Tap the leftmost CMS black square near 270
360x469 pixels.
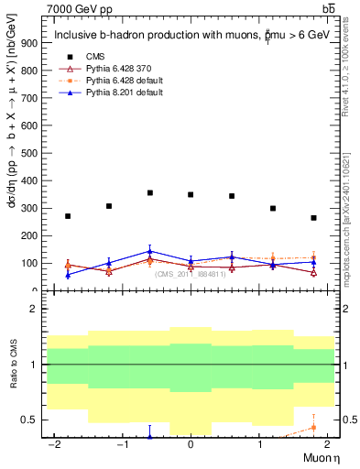(68, 216)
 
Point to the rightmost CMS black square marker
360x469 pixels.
(313, 218)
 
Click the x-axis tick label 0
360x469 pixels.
(191, 444)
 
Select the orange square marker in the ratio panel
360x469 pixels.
(313, 428)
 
